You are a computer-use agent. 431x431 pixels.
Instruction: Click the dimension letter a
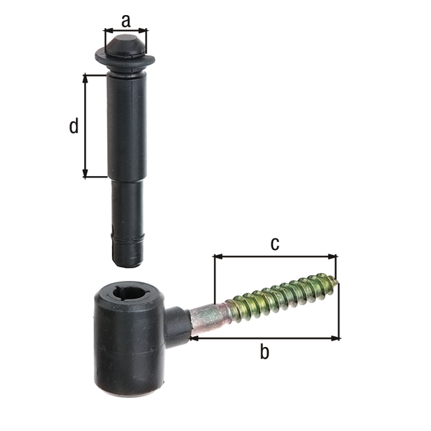[126, 20]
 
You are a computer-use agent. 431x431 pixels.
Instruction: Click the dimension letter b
[264, 352]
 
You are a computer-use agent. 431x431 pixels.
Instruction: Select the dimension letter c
[274, 244]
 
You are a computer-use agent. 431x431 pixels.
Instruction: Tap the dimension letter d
[74, 126]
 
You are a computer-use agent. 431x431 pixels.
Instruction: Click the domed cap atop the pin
[126, 45]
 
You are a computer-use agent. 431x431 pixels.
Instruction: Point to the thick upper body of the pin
[127, 126]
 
